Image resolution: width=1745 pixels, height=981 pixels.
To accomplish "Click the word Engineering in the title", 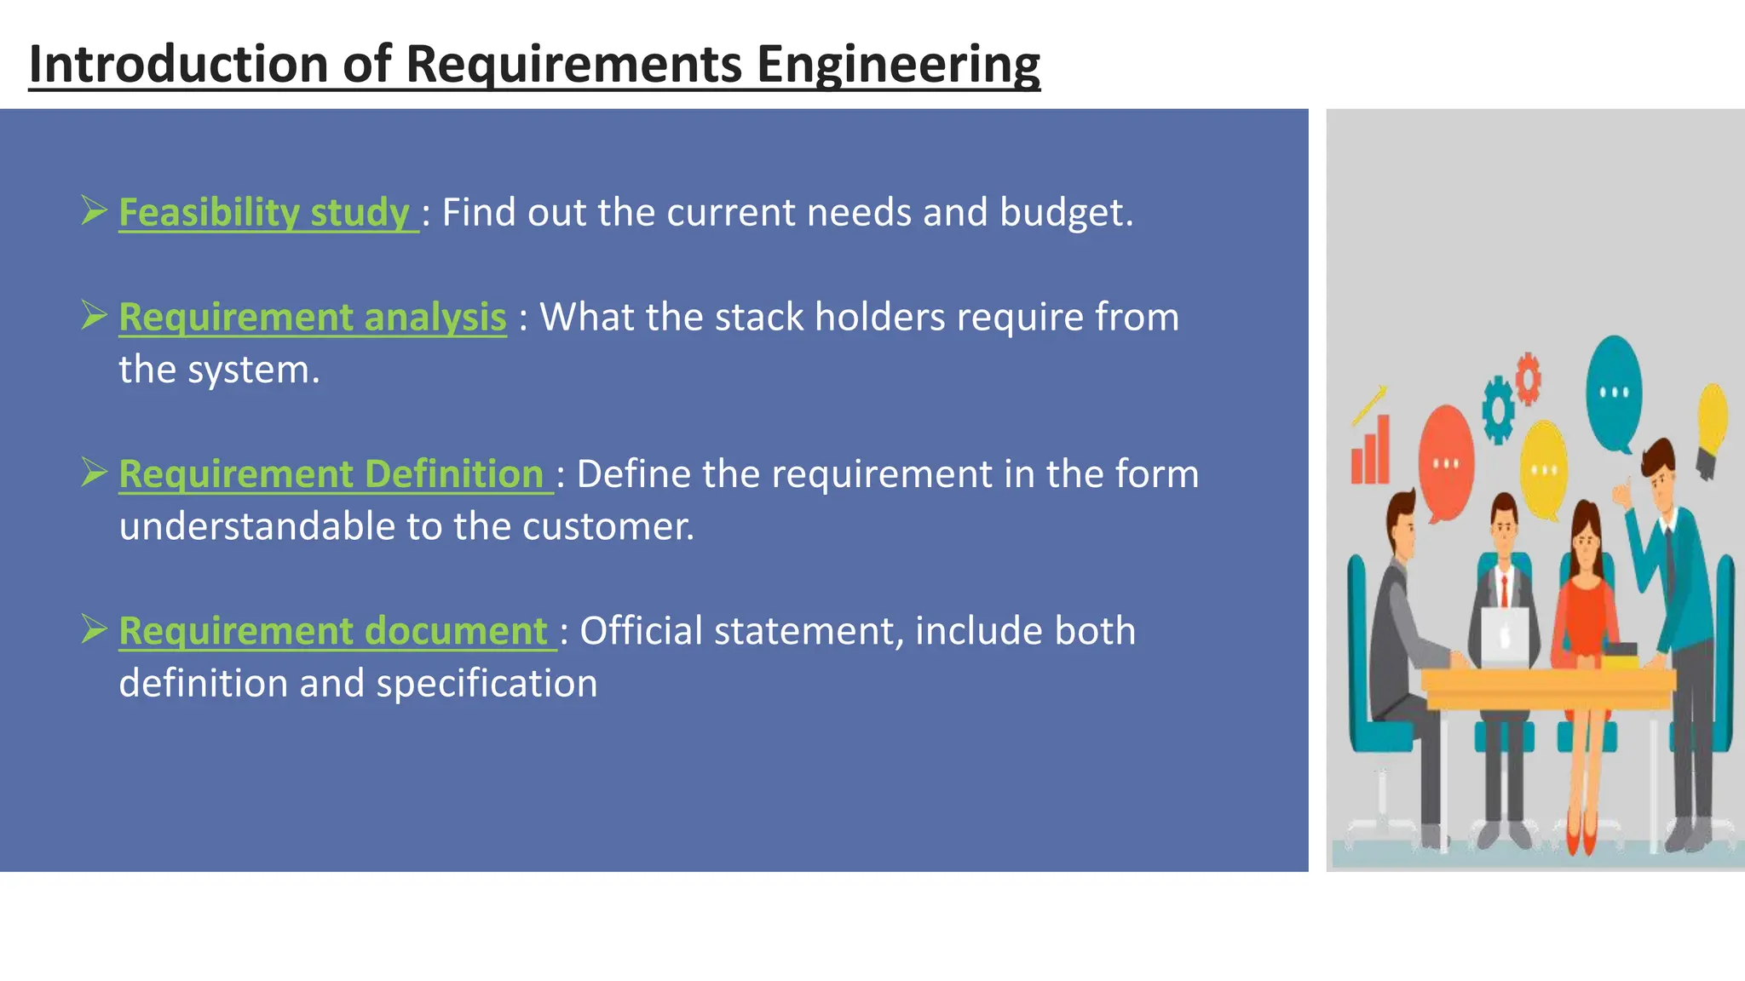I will (x=898, y=65).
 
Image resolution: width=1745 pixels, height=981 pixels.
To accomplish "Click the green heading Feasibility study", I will (x=264, y=212).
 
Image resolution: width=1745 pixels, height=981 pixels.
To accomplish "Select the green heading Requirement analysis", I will (x=312, y=317).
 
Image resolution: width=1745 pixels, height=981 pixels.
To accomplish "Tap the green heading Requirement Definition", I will (x=331, y=473).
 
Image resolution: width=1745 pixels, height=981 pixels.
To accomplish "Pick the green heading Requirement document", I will (x=332, y=630).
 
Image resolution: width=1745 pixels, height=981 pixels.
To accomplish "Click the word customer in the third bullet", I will (x=607, y=526).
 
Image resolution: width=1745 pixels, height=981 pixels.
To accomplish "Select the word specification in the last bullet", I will (x=487, y=683).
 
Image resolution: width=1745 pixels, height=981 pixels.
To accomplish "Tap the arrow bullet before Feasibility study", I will (x=94, y=210).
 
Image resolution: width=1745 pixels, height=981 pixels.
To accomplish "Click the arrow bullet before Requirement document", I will (x=94, y=629).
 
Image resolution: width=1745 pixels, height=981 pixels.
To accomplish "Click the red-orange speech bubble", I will (x=1446, y=460).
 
